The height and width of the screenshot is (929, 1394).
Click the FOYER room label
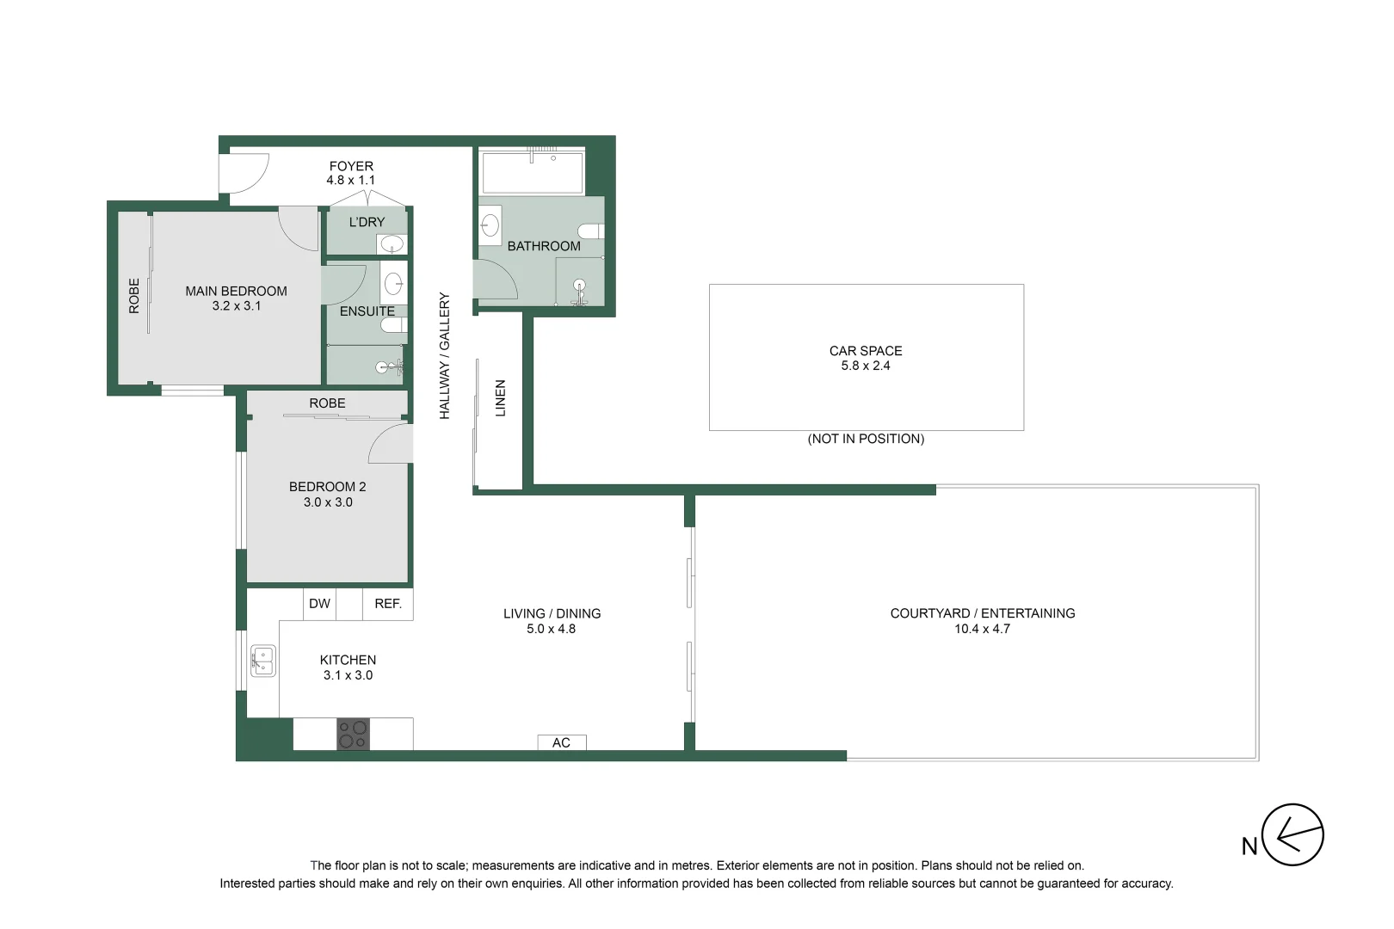pyautogui.click(x=351, y=166)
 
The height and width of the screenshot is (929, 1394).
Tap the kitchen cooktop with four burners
pyautogui.click(x=353, y=734)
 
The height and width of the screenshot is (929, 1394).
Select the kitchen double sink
pyautogui.click(x=263, y=661)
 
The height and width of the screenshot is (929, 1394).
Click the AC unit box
pyautogui.click(x=561, y=742)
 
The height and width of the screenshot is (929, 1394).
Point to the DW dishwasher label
pyautogui.click(x=319, y=604)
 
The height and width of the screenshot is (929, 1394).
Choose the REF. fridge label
pyautogui.click(x=388, y=604)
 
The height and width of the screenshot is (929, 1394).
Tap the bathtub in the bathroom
pyautogui.click(x=533, y=172)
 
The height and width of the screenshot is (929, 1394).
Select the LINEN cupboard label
pyautogui.click(x=500, y=398)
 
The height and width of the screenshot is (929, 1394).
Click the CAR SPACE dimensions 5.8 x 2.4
pyautogui.click(x=866, y=366)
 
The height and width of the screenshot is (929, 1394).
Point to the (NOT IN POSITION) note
pyautogui.click(x=866, y=439)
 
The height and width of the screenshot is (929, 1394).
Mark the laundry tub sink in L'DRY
pyautogui.click(x=391, y=243)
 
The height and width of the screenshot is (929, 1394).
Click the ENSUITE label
pyautogui.click(x=367, y=311)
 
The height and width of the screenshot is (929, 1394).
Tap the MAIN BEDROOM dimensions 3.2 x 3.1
pyautogui.click(x=237, y=305)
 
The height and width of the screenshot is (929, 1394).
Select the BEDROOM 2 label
pyautogui.click(x=328, y=487)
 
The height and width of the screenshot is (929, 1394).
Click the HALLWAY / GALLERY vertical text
pyautogui.click(x=445, y=355)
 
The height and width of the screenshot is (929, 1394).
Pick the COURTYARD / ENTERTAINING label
pyautogui.click(x=983, y=613)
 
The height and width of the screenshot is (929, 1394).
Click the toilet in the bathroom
pyautogui.click(x=591, y=231)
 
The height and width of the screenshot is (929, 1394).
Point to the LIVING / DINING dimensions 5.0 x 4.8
pyautogui.click(x=552, y=629)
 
